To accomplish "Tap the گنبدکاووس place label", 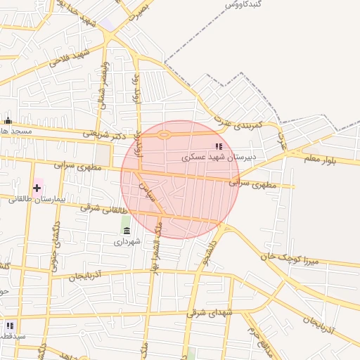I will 243,4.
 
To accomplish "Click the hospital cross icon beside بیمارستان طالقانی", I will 37,188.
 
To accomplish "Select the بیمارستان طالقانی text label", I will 36,200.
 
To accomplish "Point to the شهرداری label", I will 127,241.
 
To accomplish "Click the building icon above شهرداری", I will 127,231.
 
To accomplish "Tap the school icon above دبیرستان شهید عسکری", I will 219,146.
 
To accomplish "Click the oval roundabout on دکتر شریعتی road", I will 165,134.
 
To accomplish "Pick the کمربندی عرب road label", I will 259,125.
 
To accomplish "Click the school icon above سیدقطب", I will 10,326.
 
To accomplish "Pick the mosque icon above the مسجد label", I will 8,120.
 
